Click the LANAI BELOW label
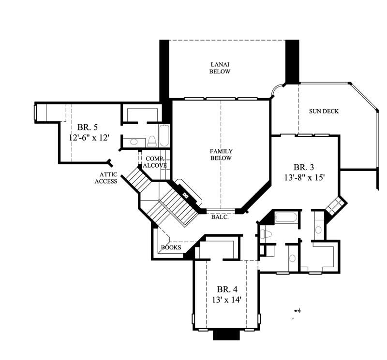pos(220,68)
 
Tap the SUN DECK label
pos(324,112)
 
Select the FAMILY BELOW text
pos(221,155)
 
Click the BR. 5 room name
pos(87,128)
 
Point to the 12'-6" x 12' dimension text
pos(89,138)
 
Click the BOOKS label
pos(171,248)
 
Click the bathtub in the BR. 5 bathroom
pos(164,135)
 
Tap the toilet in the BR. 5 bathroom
pos(151,141)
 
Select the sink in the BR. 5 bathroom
pos(134,142)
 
